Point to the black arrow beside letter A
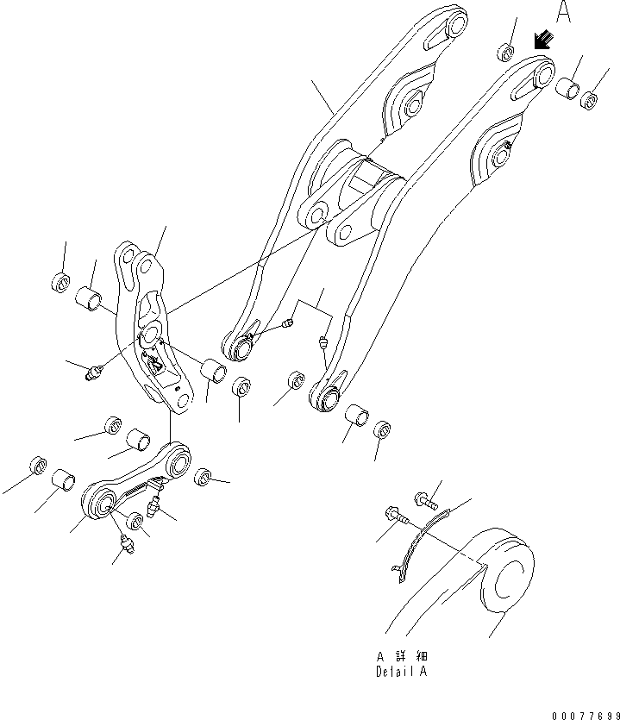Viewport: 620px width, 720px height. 543,40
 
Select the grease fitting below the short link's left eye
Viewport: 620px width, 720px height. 127,545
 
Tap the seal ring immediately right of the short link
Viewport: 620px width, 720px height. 204,477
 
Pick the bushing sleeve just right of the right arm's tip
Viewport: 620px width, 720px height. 567,87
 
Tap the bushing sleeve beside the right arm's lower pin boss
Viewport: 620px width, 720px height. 356,418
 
